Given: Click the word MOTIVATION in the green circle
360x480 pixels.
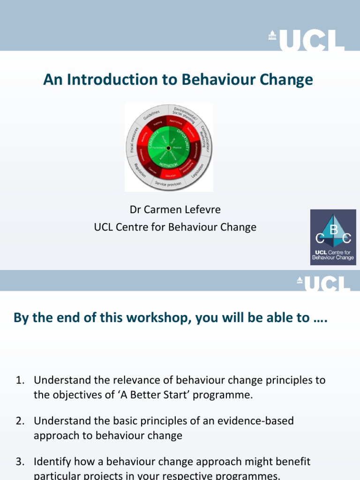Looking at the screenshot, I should tap(168, 165).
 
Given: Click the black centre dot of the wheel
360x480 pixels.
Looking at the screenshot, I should tap(168, 148).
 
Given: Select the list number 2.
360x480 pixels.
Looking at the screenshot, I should tap(20, 421).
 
